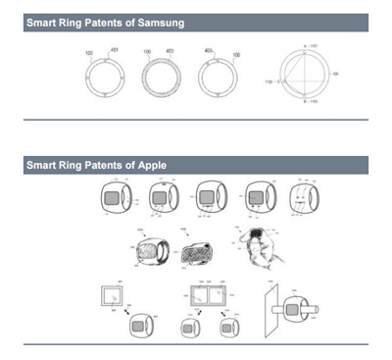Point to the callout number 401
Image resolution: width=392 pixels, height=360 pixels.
(119, 49)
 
